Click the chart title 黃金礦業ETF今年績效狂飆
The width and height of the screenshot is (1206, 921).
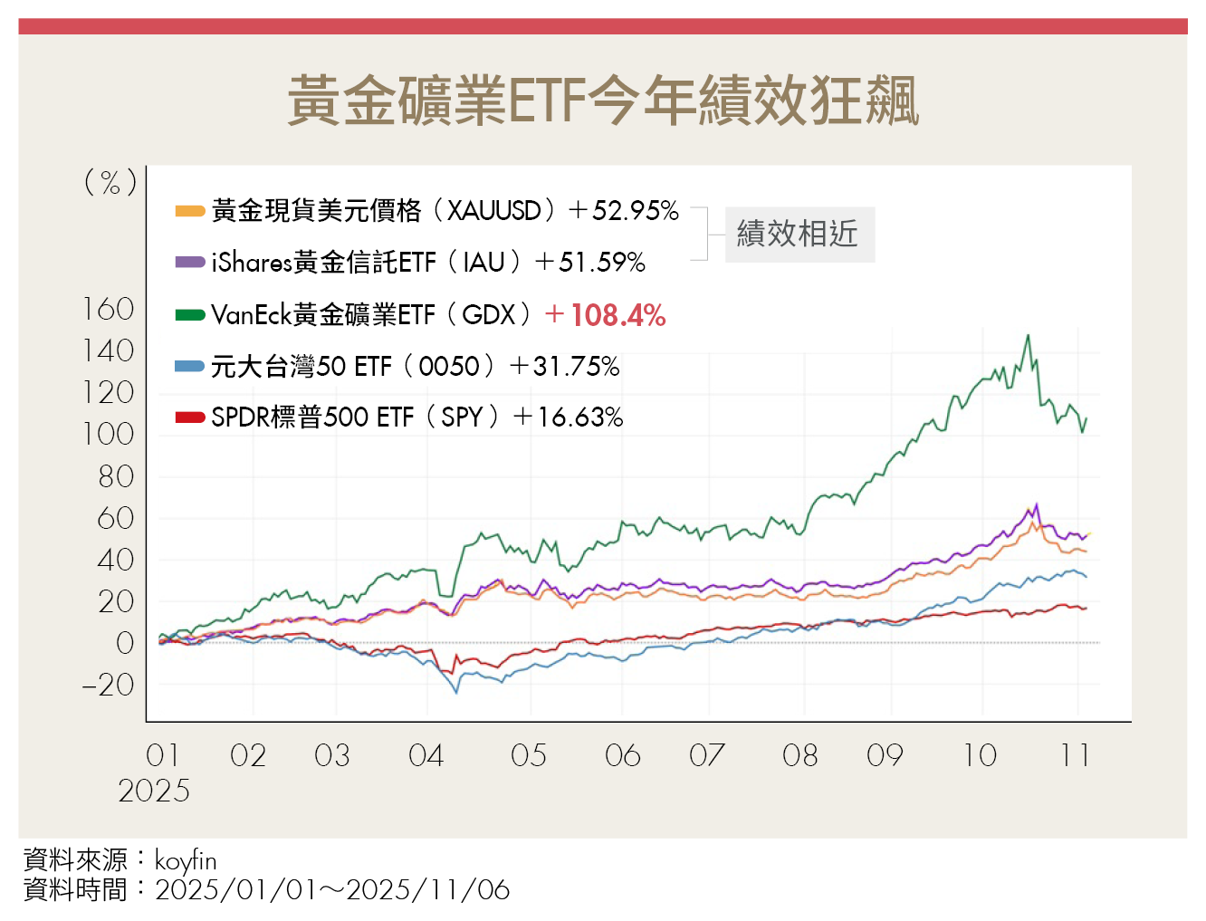click(x=603, y=101)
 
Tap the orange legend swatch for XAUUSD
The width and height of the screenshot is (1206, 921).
click(x=190, y=211)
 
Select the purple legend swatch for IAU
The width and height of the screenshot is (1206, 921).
click(x=190, y=263)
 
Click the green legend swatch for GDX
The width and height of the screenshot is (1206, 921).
click(x=190, y=315)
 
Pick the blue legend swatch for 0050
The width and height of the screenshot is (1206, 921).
click(x=190, y=366)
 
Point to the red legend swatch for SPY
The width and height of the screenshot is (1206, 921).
click(x=190, y=417)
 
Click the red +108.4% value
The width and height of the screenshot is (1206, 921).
click(x=606, y=315)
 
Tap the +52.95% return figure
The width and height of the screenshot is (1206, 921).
click(x=624, y=211)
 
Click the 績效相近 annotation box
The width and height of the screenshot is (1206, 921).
click(x=799, y=234)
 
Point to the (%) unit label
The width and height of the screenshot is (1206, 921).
click(x=110, y=183)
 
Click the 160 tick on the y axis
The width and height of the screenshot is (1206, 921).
click(x=109, y=310)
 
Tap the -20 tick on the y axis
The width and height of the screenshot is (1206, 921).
click(x=109, y=685)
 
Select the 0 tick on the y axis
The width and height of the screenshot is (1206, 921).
click(x=125, y=643)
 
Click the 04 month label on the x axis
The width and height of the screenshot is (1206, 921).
click(x=426, y=755)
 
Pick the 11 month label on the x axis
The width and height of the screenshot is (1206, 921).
click(x=1075, y=755)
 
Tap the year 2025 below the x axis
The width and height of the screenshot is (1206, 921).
click(x=154, y=791)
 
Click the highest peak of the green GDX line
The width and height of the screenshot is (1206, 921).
click(x=1028, y=336)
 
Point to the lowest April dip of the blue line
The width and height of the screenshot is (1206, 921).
click(x=456, y=693)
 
